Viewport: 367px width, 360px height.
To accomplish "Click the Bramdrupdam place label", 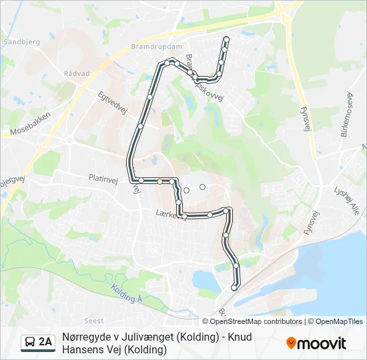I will pos(157,47).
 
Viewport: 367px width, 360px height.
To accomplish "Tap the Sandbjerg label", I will pos(22,41).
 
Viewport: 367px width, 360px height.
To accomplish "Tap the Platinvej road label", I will pos(103,178).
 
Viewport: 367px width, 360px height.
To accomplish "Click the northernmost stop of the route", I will pos(226,39).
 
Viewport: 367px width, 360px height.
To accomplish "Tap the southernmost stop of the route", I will pos(234,287).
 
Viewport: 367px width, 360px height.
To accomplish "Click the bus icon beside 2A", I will pos(30,343).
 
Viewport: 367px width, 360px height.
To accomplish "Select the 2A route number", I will pos(45,343).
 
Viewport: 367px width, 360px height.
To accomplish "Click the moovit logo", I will pos(316,343).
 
